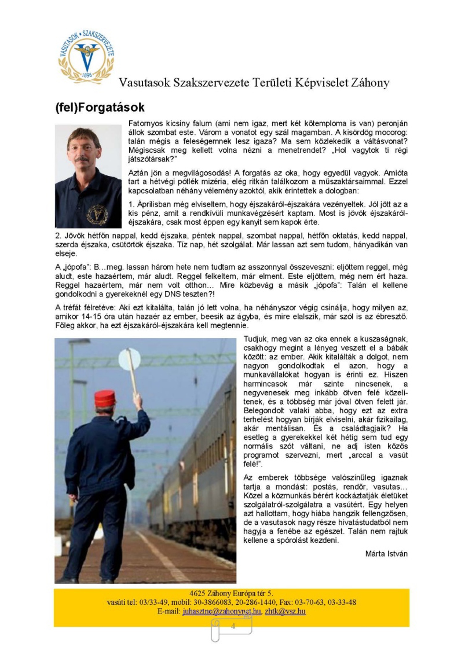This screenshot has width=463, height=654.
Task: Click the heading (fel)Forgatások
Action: pos(100,107)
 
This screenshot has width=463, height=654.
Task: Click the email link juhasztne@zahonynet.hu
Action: pos(222,611)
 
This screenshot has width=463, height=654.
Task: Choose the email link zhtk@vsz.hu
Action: pos(285,611)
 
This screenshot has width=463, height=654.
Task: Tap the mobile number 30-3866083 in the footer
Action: pos(214,602)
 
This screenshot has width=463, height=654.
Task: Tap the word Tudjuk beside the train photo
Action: pos(256,339)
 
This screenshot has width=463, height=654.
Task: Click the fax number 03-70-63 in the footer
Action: pos(308,602)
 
